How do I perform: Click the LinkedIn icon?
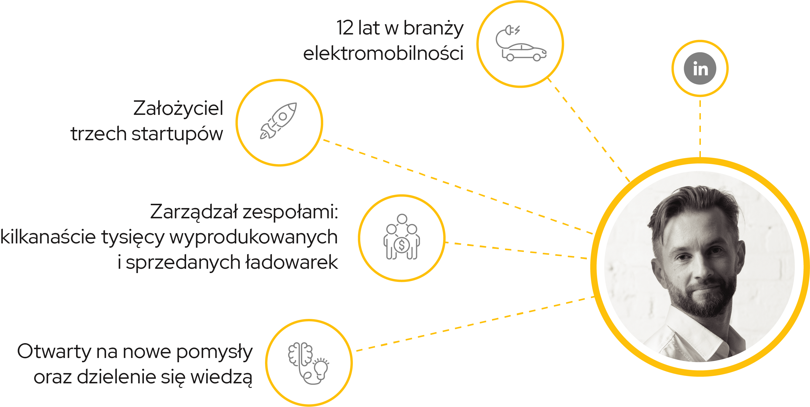pos(700,68)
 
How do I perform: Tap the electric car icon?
pos(524,52)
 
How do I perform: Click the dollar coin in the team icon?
pos(402,245)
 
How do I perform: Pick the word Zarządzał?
pos(194,212)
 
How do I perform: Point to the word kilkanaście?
pos(48,237)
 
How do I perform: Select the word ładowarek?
pos(292,262)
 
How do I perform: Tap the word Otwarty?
pos(54,352)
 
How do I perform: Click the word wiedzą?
pos(221,377)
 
